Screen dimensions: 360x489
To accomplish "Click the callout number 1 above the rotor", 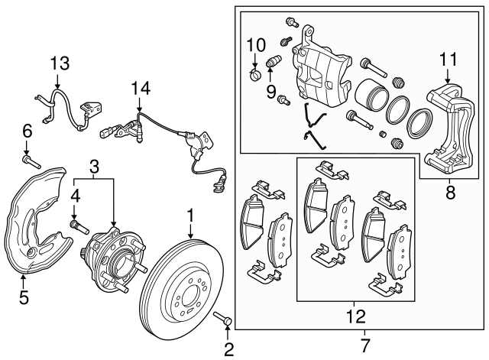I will [190, 216].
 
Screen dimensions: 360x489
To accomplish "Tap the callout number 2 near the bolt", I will [227, 351].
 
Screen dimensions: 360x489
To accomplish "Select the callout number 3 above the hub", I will [93, 166].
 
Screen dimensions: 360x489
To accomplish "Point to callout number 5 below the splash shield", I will [23, 297].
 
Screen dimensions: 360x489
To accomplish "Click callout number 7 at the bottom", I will [364, 345].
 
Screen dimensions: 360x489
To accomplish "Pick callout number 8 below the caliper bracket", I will [449, 193].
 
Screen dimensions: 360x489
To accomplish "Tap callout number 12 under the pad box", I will [355, 315].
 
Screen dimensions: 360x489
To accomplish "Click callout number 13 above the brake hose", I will [60, 63].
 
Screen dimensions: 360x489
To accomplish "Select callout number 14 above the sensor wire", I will [138, 89].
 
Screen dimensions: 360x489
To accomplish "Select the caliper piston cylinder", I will [371, 95].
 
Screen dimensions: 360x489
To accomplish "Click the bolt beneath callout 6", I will [30, 162].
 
